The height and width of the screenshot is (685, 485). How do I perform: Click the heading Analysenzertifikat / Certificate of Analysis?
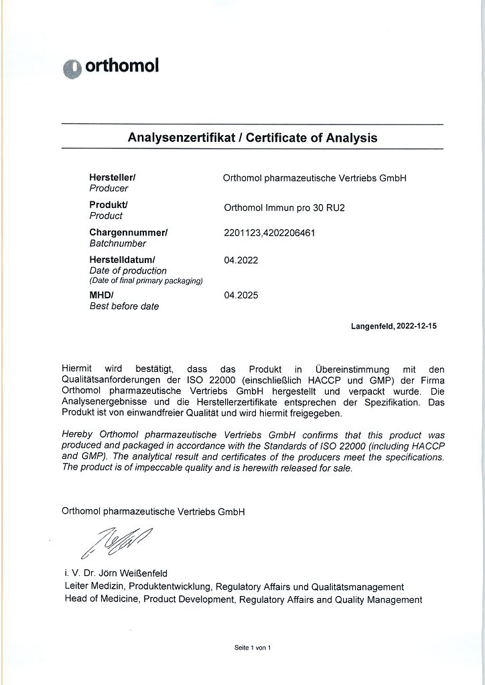(253, 138)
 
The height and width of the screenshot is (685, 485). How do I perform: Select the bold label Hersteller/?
(113, 177)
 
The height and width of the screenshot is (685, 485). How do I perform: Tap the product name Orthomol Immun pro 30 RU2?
(284, 207)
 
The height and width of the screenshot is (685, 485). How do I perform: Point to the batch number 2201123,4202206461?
(269, 233)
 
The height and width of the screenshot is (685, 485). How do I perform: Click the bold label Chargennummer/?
(129, 232)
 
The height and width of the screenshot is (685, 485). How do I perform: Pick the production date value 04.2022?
(241, 260)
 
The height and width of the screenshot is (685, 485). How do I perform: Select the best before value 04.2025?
(241, 295)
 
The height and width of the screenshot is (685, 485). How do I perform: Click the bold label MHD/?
(102, 295)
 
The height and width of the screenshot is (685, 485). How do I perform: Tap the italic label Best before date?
(125, 306)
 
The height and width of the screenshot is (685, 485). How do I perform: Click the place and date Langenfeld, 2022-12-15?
(394, 326)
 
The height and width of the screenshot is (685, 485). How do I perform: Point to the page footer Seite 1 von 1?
(253, 648)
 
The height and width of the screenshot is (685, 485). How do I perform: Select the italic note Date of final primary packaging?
(146, 281)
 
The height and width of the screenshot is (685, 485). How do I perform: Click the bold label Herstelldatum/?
(123, 260)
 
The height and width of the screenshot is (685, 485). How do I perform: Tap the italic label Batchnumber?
(118, 243)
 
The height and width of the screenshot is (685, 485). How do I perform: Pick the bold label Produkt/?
(109, 205)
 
